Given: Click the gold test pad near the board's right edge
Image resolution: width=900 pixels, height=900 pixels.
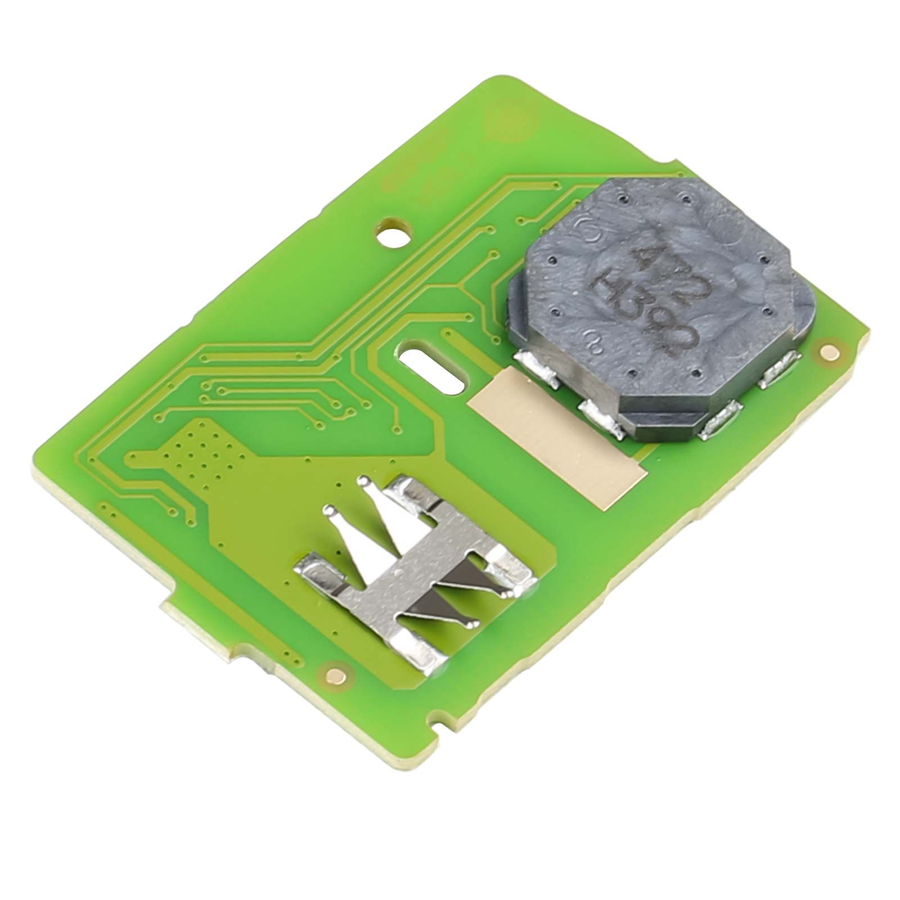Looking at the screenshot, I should (x=827, y=352).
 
